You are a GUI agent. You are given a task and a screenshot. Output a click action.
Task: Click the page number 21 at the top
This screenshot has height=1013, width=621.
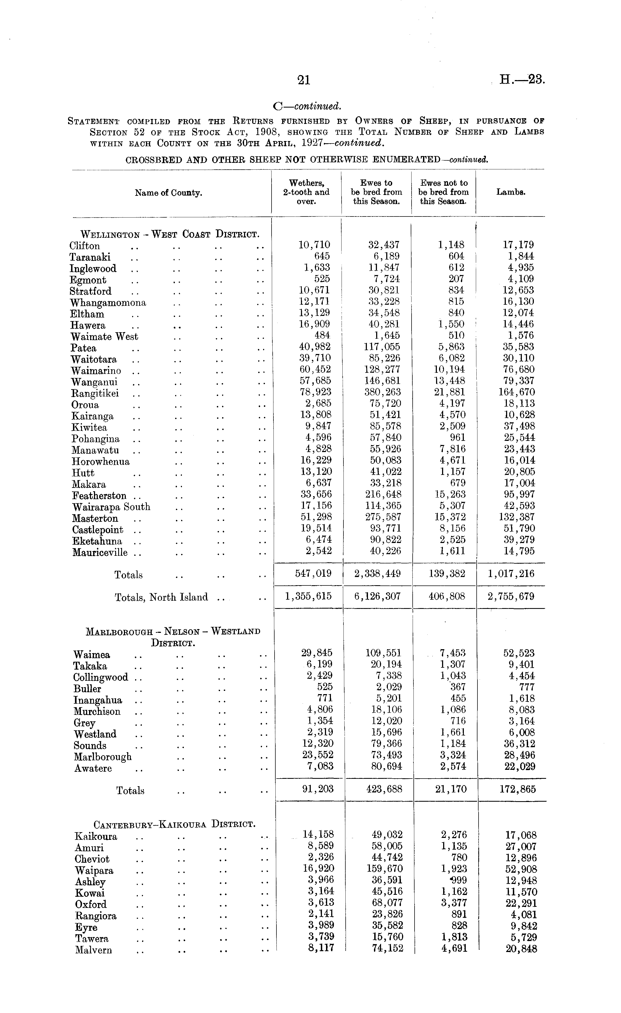303,80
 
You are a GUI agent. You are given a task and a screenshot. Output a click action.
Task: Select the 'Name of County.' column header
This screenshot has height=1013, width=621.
169,193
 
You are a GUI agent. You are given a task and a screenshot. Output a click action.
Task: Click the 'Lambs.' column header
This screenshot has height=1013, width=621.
511,192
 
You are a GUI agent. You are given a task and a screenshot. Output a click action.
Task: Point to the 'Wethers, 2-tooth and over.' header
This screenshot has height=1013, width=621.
306,192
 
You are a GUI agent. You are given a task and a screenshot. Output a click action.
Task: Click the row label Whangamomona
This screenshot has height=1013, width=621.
108,303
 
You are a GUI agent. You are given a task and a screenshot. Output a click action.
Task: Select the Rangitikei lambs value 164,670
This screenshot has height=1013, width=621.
516,392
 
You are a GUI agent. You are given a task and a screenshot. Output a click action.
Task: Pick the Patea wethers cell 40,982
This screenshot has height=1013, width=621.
315,347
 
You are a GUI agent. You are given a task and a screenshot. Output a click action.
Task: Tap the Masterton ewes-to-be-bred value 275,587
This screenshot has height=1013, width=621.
383,517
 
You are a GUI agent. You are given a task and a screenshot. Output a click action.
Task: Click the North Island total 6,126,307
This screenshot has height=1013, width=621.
378,597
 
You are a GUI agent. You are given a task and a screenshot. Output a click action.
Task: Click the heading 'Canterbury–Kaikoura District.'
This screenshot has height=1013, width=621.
175,824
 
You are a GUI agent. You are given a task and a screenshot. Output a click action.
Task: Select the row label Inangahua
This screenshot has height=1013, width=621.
98,700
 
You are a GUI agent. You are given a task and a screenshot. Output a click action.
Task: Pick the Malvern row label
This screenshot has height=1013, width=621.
93,950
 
